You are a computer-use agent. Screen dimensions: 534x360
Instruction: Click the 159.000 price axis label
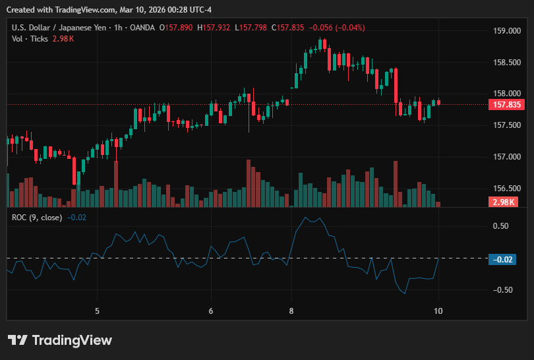point(507,30)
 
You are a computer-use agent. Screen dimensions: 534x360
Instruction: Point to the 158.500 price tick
point(507,63)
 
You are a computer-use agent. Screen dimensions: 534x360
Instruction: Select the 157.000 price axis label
point(507,157)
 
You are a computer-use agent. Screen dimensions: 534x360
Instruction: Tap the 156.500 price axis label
point(507,189)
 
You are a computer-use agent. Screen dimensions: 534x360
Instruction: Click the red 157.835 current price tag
point(506,105)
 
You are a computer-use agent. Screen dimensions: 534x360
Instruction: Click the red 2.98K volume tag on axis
point(504,202)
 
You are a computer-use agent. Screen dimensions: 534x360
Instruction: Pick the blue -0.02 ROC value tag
point(502,260)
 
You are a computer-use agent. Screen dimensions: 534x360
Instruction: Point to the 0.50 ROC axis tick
point(500,226)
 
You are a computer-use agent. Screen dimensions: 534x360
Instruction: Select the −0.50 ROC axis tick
point(502,290)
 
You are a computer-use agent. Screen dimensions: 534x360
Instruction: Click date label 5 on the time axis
point(97,311)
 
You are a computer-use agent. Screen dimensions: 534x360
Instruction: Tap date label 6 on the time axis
point(211,311)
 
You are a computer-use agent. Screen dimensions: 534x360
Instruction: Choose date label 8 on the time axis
point(291,311)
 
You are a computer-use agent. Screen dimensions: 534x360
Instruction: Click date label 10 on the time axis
point(438,311)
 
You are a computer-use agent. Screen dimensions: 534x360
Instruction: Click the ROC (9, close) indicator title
point(37,218)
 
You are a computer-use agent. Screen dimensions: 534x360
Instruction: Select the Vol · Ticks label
point(30,39)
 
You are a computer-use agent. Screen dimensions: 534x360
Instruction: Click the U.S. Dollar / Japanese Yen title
point(59,28)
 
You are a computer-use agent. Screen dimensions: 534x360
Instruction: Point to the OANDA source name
point(142,28)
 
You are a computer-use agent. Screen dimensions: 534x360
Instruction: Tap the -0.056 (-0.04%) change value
point(337,28)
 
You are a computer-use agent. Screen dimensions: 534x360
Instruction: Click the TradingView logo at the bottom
point(60,340)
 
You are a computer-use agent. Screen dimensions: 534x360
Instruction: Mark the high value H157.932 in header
point(214,28)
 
